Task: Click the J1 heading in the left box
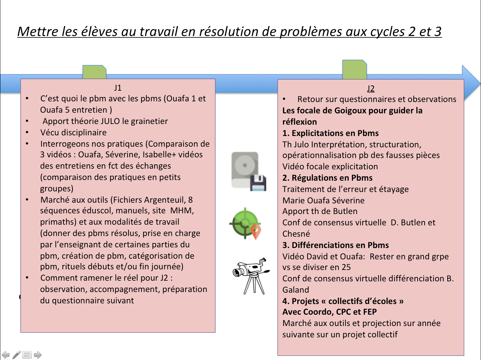[x=118, y=88]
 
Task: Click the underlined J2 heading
[x=371, y=88]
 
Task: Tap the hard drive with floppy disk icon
[x=249, y=171]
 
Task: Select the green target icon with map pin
[x=246, y=223]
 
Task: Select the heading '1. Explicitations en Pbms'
[x=330, y=133]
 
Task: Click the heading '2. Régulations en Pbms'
[x=327, y=178]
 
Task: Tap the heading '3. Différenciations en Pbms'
[x=336, y=245]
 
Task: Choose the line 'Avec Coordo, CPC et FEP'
[x=330, y=312]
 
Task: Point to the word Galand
[x=296, y=290]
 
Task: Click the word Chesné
[x=296, y=234]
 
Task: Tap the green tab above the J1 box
[x=94, y=72]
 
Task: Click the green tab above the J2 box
[x=355, y=70]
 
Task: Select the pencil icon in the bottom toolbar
[x=16, y=355]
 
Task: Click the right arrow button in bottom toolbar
[x=38, y=355]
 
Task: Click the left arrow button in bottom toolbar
[x=6, y=355]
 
